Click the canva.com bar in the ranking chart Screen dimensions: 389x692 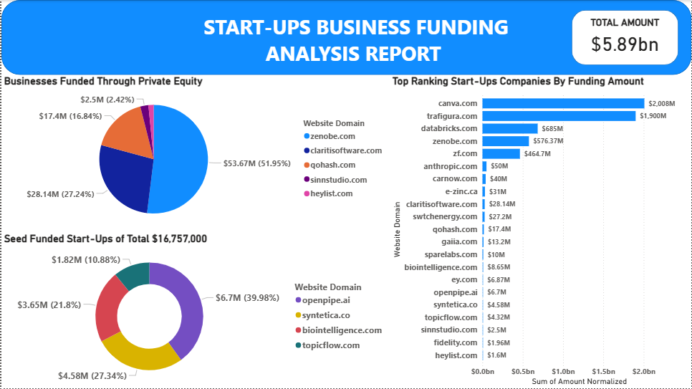563,103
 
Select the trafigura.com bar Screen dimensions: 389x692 559,116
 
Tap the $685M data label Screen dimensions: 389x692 512,128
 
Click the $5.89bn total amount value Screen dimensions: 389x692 625,44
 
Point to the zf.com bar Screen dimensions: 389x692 501,153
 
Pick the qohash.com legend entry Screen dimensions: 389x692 332,165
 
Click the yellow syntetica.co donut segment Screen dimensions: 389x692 140,355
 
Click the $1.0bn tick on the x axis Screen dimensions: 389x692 563,372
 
